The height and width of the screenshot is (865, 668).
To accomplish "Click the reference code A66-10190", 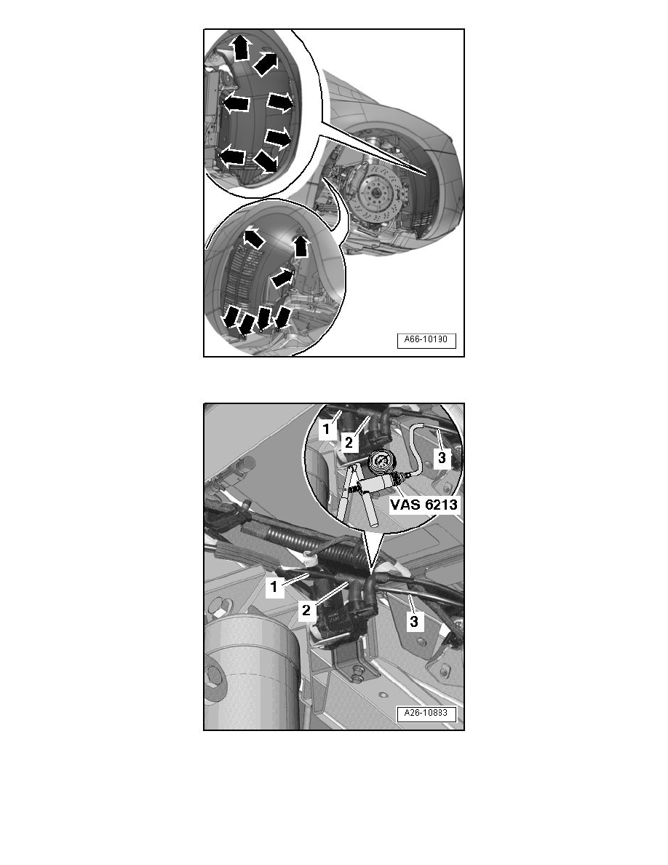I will tap(426, 340).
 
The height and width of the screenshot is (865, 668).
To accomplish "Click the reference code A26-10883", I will tap(426, 714).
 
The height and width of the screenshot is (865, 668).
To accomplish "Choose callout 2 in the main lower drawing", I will tap(306, 610).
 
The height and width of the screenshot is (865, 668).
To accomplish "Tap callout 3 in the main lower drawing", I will tap(413, 622).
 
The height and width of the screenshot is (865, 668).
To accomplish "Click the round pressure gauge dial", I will tap(381, 462).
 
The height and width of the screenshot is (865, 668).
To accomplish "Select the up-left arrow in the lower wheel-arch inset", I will tap(253, 237).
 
